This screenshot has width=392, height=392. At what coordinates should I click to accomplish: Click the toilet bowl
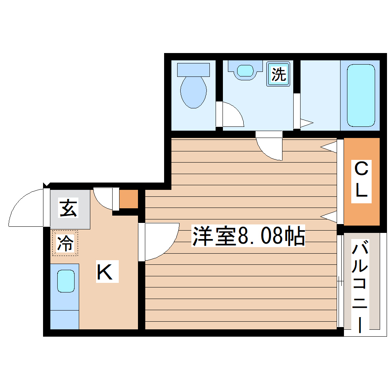pos(193,91)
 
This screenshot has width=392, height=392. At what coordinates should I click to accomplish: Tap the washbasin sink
pos(245,71)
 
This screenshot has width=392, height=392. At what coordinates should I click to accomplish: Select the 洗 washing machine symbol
pos(279,74)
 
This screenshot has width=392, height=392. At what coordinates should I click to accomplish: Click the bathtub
pos(360,95)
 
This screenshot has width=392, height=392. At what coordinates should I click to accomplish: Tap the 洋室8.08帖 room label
pos(248,236)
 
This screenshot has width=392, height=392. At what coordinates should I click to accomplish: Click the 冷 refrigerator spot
pos(65,243)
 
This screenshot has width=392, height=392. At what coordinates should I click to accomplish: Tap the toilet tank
pos(193,70)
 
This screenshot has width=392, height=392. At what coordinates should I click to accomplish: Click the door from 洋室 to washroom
pos(270,146)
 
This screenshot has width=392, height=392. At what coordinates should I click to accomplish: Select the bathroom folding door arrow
pos(306,123)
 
